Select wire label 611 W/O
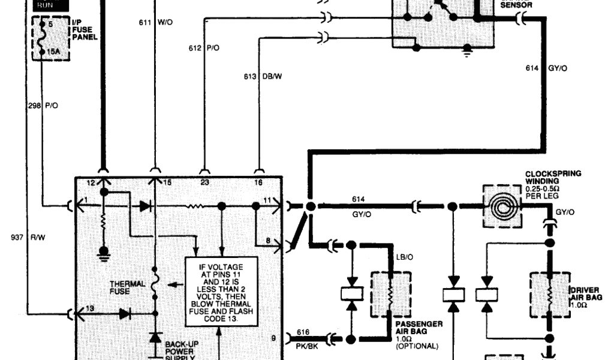tap(155, 22)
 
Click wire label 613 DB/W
tap(261, 77)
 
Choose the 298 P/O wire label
tap(43, 105)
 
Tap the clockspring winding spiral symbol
tap(501, 206)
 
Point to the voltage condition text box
tap(221, 290)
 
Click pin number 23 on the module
tap(204, 182)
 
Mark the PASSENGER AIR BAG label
tap(419, 328)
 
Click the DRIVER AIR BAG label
tap(586, 294)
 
